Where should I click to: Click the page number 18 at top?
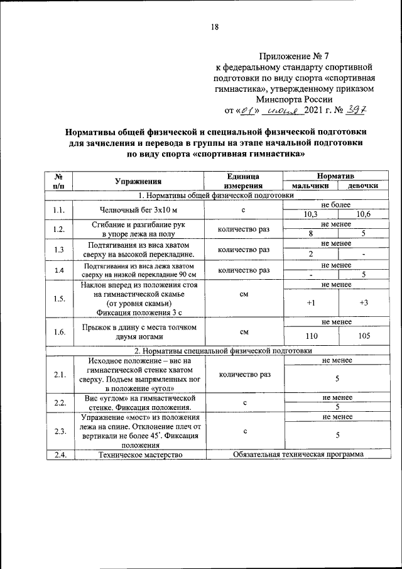pyautogui.click(x=214, y=26)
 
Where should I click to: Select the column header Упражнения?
pyautogui.click(x=140, y=182)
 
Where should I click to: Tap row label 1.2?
pyautogui.click(x=59, y=229)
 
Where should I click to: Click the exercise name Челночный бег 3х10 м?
pyautogui.click(x=140, y=209)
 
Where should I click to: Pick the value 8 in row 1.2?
pyautogui.click(x=310, y=234)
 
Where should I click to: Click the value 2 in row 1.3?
pyautogui.click(x=310, y=254)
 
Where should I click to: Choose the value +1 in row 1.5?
pyautogui.click(x=310, y=302)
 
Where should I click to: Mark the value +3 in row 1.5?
pyautogui.click(x=363, y=302)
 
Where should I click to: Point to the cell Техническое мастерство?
pyautogui.click(x=140, y=454)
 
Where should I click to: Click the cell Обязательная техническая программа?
pyautogui.click(x=298, y=454)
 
